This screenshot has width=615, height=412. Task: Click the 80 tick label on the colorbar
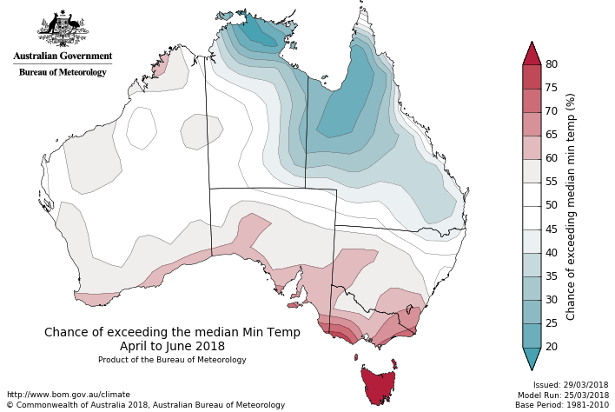(x=551, y=64)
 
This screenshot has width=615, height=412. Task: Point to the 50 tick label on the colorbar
(x=551, y=205)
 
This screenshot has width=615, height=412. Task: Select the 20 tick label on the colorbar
(x=551, y=346)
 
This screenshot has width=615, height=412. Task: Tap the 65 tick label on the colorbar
(x=551, y=135)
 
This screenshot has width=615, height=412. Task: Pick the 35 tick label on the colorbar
(x=551, y=276)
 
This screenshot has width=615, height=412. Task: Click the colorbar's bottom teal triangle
(x=532, y=357)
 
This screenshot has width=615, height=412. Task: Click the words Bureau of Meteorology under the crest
(x=63, y=72)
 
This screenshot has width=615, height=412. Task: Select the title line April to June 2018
(x=172, y=346)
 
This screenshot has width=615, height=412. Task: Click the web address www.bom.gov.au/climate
(x=68, y=395)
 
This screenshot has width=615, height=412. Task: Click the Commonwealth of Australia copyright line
(x=145, y=405)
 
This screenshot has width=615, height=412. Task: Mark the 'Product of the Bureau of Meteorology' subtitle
(x=172, y=360)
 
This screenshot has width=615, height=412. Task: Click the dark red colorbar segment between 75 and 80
(x=532, y=76)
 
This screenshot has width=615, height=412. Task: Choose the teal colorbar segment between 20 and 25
(x=532, y=335)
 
